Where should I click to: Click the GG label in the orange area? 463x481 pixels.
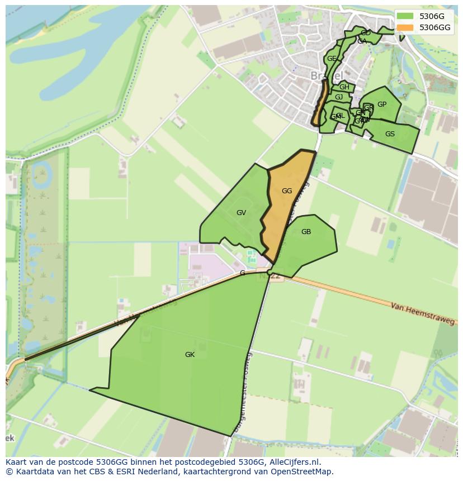pyautogui.click(x=287, y=191)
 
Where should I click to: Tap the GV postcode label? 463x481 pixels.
pyautogui.click(x=241, y=213)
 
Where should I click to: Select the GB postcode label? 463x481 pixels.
pyautogui.click(x=306, y=232)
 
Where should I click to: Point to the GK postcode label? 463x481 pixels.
pyautogui.click(x=190, y=355)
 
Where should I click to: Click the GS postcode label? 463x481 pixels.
pyautogui.click(x=390, y=134)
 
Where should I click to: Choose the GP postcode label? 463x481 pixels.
pyautogui.click(x=382, y=104)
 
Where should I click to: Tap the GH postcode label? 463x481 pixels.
pyautogui.click(x=344, y=87)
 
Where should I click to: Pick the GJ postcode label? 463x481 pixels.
pyautogui.click(x=339, y=98)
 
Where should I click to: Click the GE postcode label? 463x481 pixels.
pyautogui.click(x=332, y=59)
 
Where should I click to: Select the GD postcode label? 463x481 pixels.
pyautogui.click(x=366, y=34)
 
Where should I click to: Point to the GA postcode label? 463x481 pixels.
pyautogui.click(x=362, y=41)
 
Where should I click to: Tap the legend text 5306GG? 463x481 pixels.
pyautogui.click(x=435, y=27)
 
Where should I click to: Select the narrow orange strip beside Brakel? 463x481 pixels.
pyautogui.click(x=320, y=103)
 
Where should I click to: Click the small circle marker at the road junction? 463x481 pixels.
pyautogui.click(x=270, y=273)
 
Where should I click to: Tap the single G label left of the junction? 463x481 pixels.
pyautogui.click(x=242, y=273)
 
